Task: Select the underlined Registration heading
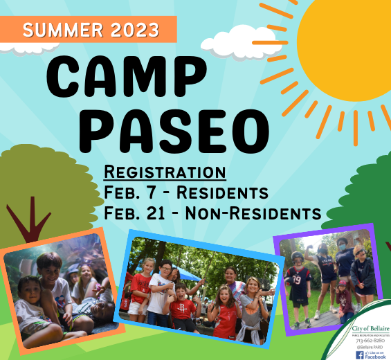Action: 164,171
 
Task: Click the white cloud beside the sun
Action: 239,42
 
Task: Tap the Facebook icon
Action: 360,354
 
